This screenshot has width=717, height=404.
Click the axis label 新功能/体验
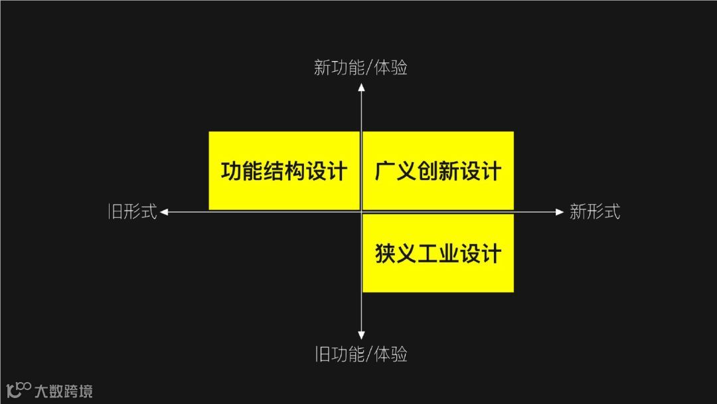pos(360,68)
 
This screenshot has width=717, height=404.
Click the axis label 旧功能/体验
pos(360,354)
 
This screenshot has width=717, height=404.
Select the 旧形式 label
pos(133,212)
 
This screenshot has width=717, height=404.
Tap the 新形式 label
pos(594,212)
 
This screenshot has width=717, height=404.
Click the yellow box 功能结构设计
pos(284,171)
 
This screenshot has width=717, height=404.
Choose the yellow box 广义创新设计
pos(438,171)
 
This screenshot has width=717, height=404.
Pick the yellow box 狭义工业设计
pos(438,253)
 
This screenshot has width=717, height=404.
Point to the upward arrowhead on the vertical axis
pos(361,86)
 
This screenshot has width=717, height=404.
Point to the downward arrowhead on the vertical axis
pos(361,336)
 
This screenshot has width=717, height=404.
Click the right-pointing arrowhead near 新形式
pos(559,212)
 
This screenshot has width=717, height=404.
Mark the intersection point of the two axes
pos(361,212)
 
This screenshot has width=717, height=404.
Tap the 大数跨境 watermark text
pos(64,390)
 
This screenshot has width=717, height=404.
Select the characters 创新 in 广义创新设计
pos(438,171)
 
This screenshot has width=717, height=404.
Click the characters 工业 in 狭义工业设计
pos(438,254)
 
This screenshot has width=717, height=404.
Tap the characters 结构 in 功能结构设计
pos(284,171)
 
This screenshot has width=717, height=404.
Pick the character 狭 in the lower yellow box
pos(385,254)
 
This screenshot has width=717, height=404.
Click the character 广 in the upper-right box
pos(385,171)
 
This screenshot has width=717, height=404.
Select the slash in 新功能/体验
pos(369,68)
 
